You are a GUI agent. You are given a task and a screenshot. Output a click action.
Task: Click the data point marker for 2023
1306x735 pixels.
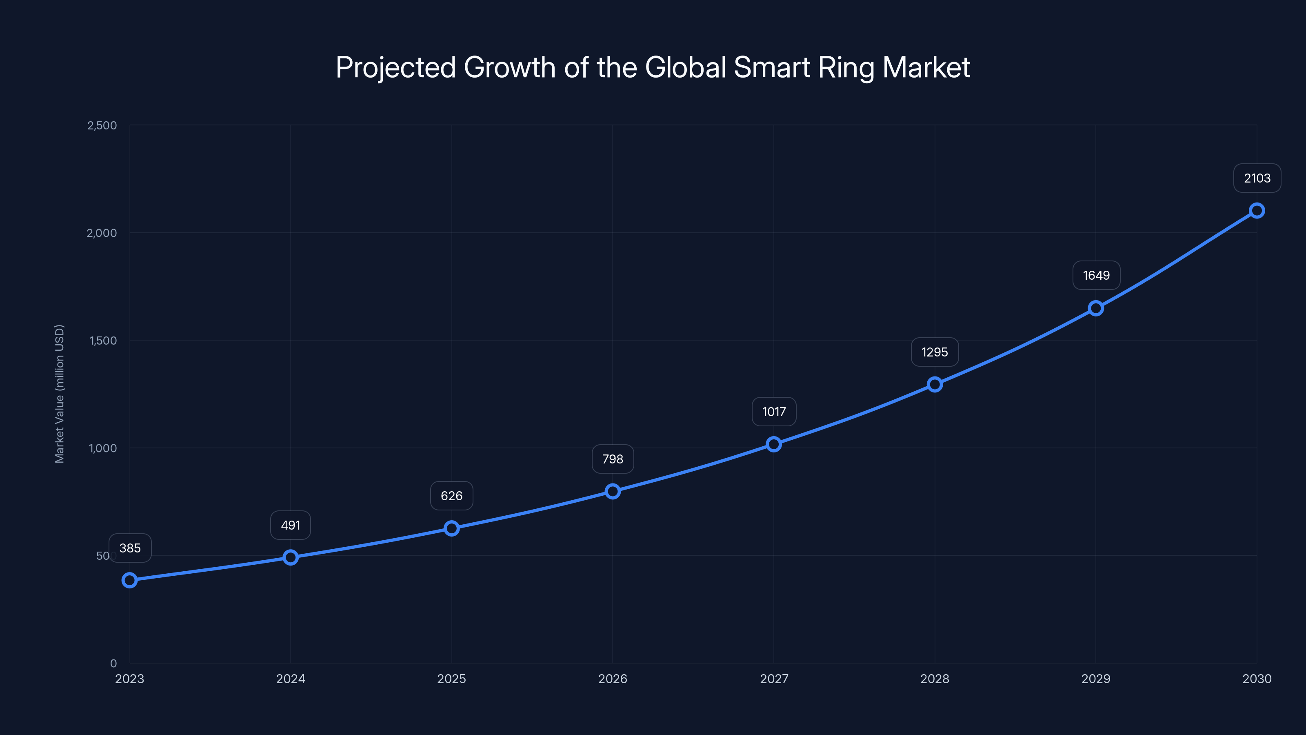tap(129, 580)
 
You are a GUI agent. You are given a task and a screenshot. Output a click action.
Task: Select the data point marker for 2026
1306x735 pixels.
tap(613, 491)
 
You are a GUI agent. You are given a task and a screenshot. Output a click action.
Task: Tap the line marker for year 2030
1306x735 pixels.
tap(1256, 211)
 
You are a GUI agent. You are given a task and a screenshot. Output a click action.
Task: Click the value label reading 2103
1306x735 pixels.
tap(1257, 178)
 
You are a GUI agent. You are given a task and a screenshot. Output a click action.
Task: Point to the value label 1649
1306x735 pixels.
tap(1096, 276)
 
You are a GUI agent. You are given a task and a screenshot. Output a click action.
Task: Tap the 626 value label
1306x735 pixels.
tap(451, 496)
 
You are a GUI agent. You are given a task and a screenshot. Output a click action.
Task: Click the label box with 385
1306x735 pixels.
tap(130, 548)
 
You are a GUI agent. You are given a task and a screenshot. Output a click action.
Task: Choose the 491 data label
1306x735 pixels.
tap(291, 525)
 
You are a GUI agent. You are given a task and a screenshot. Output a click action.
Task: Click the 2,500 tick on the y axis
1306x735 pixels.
tap(102, 125)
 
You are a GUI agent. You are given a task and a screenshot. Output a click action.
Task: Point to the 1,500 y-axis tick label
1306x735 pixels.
tap(103, 341)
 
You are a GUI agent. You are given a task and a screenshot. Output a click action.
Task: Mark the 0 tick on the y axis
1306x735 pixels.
tap(113, 663)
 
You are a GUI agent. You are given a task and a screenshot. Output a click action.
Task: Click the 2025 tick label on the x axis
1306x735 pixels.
tap(451, 679)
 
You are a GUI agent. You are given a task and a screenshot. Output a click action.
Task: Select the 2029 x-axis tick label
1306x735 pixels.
tap(1095, 679)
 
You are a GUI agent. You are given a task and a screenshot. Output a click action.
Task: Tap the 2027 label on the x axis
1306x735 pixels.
tap(774, 679)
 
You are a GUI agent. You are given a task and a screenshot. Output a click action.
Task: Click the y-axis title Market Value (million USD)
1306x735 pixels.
tap(59, 394)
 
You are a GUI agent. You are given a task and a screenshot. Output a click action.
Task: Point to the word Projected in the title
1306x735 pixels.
tap(395, 67)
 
